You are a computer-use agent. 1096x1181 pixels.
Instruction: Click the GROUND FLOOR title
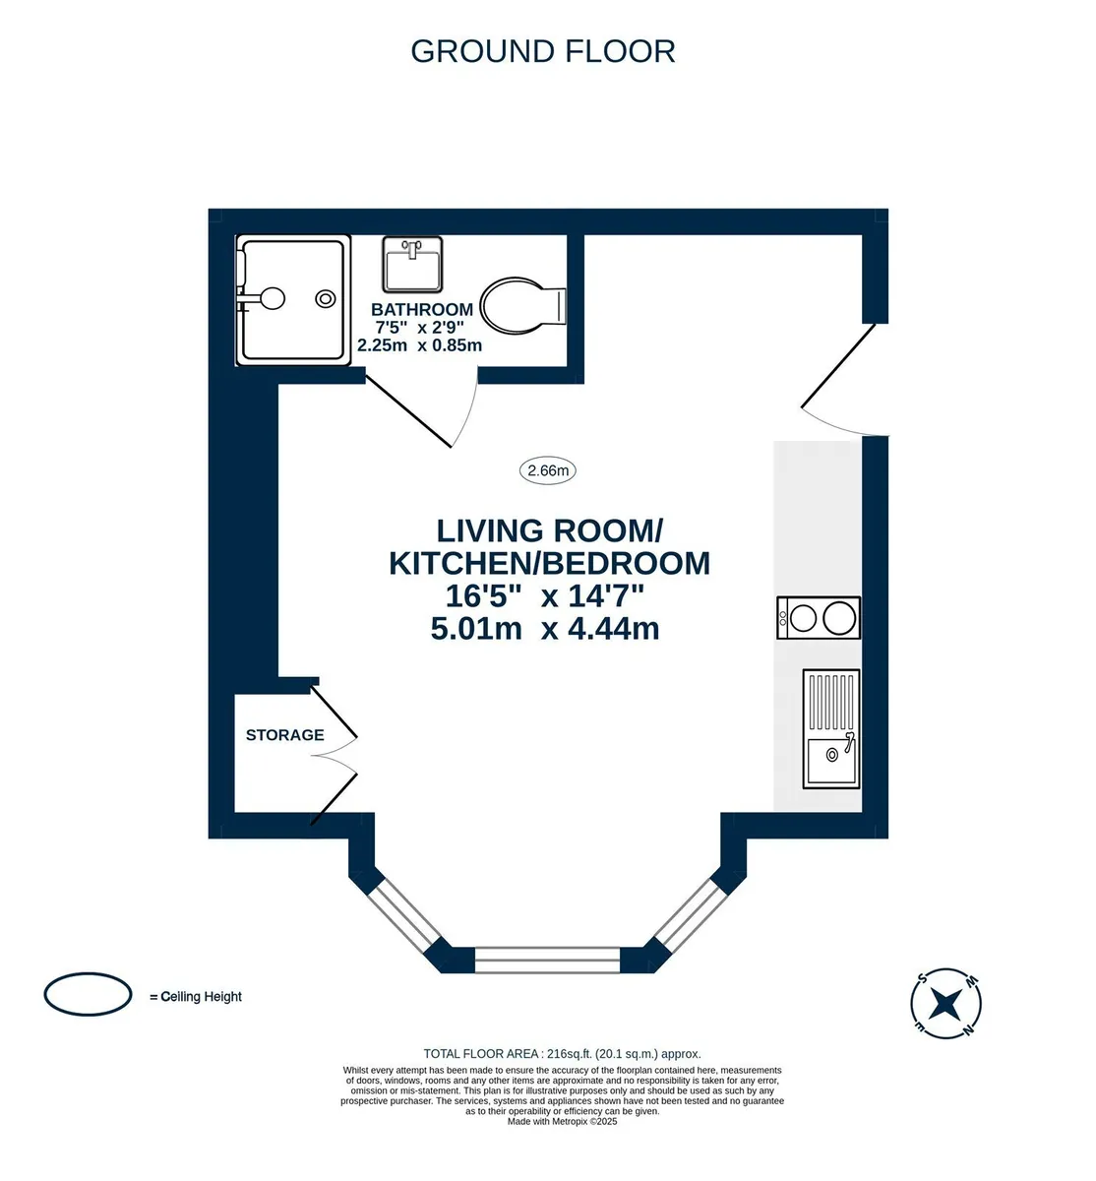(x=542, y=51)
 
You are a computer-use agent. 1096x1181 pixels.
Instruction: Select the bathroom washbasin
(x=412, y=265)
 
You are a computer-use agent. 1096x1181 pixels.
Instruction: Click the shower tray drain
(x=326, y=298)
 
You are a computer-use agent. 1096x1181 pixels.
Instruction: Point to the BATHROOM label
(x=422, y=309)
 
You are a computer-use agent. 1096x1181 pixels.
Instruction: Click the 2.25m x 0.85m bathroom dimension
(x=419, y=344)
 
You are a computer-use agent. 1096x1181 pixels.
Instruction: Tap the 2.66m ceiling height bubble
(x=548, y=470)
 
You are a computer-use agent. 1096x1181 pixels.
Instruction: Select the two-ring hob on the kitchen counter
(x=819, y=618)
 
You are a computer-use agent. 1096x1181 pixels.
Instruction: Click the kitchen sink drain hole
(x=832, y=755)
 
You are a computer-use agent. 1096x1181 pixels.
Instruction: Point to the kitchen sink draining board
(x=831, y=702)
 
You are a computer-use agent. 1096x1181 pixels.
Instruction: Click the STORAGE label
(x=285, y=735)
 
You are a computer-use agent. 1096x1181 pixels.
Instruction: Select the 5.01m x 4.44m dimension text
(x=545, y=629)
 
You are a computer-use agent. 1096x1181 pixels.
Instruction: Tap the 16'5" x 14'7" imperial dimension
(x=545, y=595)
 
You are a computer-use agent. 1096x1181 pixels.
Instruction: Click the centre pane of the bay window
(x=547, y=961)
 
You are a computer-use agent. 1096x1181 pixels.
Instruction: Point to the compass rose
(x=945, y=1003)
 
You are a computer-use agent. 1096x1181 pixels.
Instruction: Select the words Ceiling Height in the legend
(x=201, y=997)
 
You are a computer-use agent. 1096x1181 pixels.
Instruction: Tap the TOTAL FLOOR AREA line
(x=562, y=1054)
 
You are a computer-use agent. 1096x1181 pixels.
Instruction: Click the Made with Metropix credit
(x=562, y=1122)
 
